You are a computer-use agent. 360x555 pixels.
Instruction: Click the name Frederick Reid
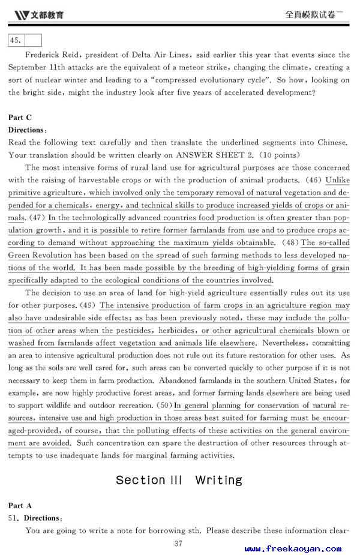[x=58, y=55]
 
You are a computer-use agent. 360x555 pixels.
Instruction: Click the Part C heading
[x=20, y=118]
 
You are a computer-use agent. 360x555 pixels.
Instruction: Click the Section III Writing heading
[x=179, y=480]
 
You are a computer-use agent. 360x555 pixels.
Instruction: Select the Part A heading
[x=20, y=506]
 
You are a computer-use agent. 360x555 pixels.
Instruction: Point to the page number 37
[x=178, y=544]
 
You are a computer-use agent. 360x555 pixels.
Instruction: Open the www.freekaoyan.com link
[x=292, y=548]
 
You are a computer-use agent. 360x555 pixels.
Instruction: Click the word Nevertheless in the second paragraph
[x=285, y=343]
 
